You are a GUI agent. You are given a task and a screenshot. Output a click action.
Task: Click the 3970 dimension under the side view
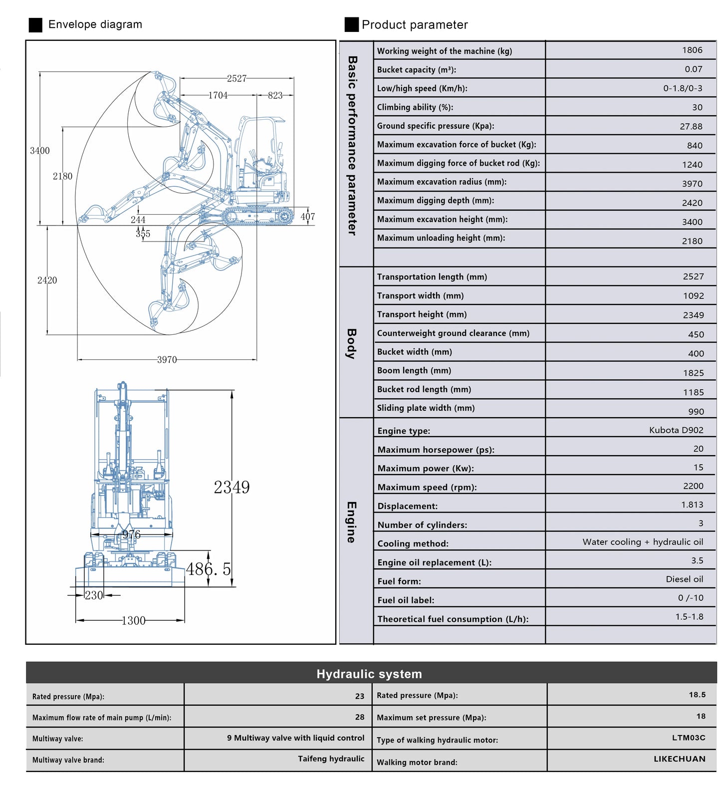tap(167, 360)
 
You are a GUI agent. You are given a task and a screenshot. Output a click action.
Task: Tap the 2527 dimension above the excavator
tap(237, 78)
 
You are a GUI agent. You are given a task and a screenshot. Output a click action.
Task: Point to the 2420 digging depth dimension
tap(47, 280)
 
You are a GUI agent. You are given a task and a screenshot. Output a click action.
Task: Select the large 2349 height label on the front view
tap(232, 488)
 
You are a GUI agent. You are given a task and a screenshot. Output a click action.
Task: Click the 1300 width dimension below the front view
tap(133, 621)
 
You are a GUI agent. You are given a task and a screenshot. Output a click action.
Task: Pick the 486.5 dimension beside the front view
tap(209, 569)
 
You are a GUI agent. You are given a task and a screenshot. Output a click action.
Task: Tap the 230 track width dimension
tap(93, 595)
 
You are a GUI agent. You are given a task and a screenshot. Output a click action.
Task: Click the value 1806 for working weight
tap(692, 50)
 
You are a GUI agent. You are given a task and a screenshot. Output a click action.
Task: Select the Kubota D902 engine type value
tap(676, 430)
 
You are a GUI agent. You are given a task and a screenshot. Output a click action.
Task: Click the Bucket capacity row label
tap(416, 70)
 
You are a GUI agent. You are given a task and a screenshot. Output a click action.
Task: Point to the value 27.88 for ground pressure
tap(691, 127)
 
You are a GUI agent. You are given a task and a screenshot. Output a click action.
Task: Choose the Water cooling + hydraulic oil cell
tap(643, 542)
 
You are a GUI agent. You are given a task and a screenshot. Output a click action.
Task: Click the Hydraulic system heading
tap(369, 674)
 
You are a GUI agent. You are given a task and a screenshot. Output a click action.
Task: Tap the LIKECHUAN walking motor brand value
tap(680, 759)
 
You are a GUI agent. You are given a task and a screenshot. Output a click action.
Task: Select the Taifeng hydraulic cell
tap(331, 759)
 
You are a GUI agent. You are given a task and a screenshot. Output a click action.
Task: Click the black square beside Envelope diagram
tap(35, 25)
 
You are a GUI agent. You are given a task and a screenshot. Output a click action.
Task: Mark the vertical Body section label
tap(352, 344)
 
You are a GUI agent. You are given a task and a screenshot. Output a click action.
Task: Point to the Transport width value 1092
tap(693, 296)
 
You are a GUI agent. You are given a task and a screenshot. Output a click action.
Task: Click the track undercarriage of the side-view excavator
tap(257, 217)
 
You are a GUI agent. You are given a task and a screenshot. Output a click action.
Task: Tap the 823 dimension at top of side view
tap(275, 95)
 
